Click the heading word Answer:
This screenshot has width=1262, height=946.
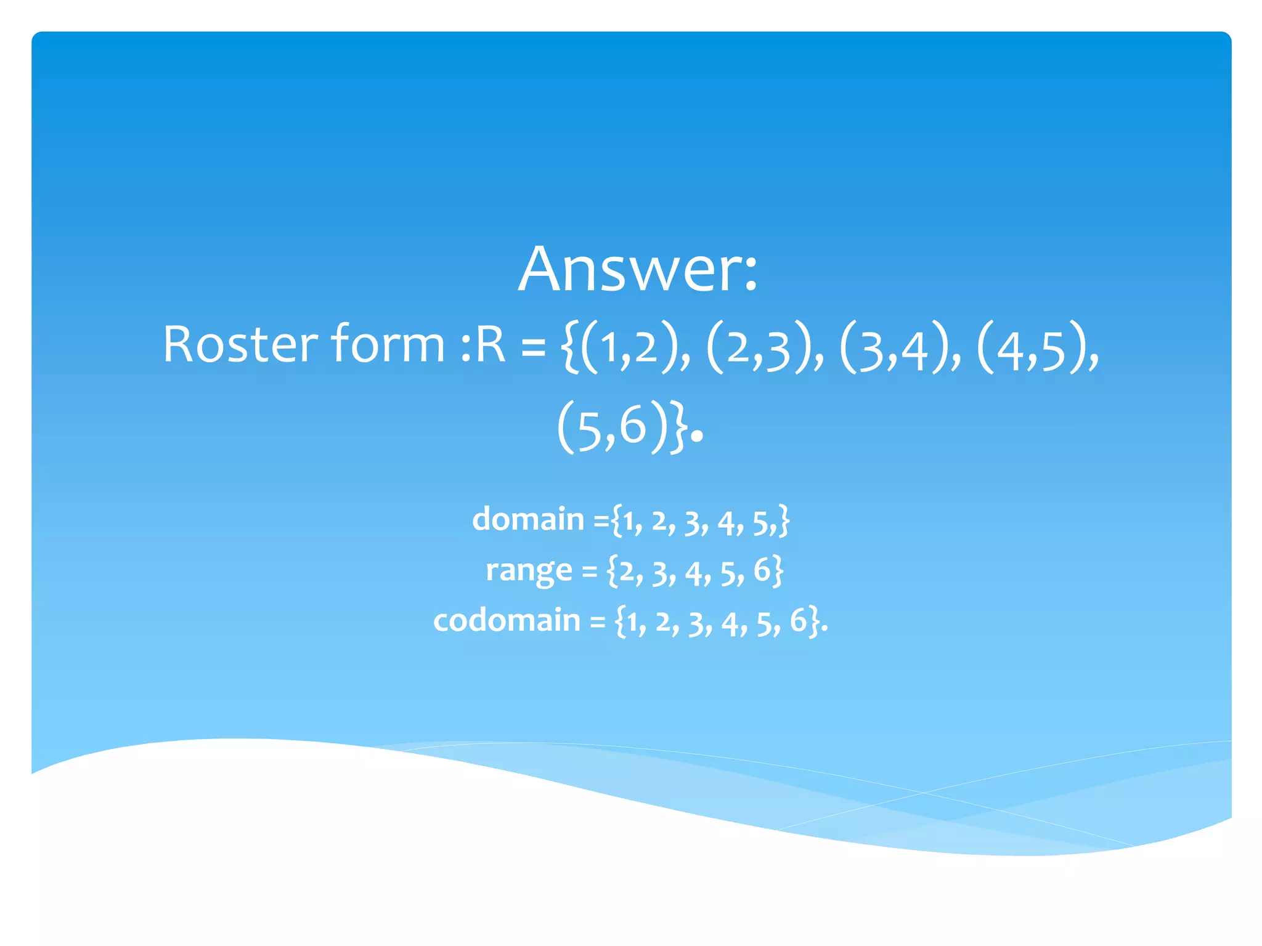pos(637,269)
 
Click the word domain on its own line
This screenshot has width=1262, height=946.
pos(528,519)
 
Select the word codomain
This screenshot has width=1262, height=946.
pos(507,620)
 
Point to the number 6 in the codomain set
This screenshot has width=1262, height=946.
pos(798,620)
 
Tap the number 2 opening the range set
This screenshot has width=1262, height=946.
pos(627,572)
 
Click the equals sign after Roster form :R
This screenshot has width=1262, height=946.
pos(534,346)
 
